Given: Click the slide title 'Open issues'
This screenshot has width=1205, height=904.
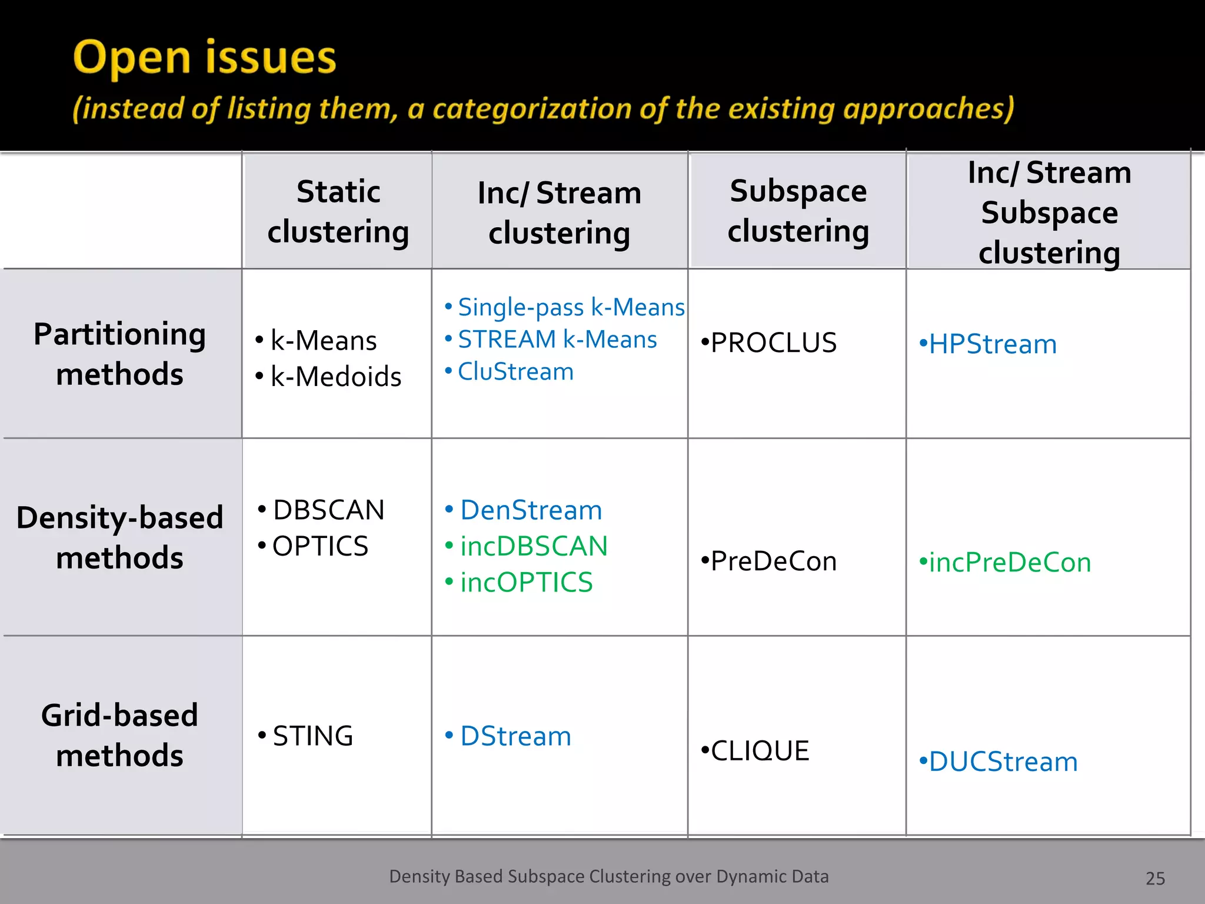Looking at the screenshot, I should tap(204, 58).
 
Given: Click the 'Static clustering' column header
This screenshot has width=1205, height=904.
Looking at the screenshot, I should tap(338, 211).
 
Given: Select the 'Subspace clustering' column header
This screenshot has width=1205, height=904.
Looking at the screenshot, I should tap(798, 211).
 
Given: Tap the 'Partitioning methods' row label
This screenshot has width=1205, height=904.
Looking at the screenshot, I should tap(120, 354).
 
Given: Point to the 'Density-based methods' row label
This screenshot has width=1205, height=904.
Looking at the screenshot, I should tap(120, 537).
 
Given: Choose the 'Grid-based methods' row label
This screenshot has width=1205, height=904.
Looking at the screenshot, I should tap(120, 735).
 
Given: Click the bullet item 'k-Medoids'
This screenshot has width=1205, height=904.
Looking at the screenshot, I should tap(335, 377).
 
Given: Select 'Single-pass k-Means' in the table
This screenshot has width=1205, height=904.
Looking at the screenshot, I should tap(571, 307).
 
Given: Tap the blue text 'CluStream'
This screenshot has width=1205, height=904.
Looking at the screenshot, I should tap(515, 371).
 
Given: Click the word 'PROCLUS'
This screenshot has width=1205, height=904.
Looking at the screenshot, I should tap(773, 343).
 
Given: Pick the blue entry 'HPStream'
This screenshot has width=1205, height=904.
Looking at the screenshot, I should tap(993, 344).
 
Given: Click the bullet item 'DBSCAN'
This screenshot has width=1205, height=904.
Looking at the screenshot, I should tap(328, 510).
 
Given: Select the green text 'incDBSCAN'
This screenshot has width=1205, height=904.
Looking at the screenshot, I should tap(534, 546).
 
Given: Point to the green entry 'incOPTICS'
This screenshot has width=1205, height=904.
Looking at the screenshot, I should tap(526, 583).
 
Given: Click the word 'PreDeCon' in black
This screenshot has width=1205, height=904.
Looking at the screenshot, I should tap(773, 561).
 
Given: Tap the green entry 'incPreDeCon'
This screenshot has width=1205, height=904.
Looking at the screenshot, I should tap(1010, 562).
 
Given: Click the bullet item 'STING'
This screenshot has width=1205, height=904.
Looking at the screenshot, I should tap(312, 736).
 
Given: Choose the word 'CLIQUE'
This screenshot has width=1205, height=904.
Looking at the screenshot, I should tap(760, 751).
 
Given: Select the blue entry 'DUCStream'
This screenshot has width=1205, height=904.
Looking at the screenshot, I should tap(1003, 762).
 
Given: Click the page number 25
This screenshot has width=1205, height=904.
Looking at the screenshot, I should tap(1155, 879).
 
